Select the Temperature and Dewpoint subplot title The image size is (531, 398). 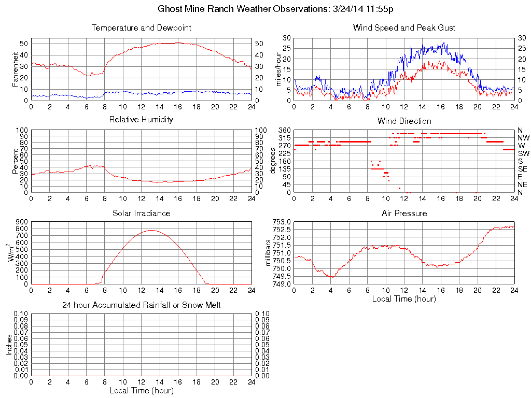click(141, 28)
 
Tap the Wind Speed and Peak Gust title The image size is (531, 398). click(404, 28)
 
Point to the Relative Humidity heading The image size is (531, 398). click(141, 120)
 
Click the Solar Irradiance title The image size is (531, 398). click(141, 213)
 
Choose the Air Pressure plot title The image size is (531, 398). click(404, 213)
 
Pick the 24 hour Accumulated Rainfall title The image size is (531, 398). click(141, 305)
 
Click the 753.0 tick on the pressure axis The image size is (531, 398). click(282, 222)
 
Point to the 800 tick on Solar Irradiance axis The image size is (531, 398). click(21, 222)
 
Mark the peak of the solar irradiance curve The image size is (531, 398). click(151, 230)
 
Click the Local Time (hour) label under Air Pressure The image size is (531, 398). click(404, 298)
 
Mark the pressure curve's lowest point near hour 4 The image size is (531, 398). click(332, 277)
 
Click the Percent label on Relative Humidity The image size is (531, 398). click(15, 161)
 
